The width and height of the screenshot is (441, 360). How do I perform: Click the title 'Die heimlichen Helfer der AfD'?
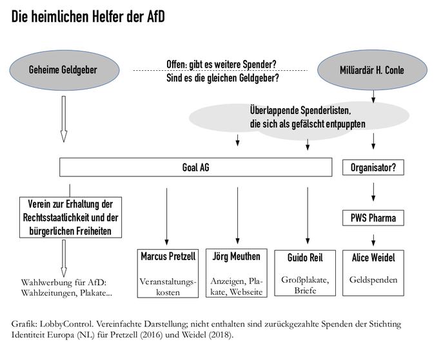tap(88, 17)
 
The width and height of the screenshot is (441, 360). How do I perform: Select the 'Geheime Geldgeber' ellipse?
tap(64, 70)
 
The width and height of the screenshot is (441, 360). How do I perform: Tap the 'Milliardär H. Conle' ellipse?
tap(372, 70)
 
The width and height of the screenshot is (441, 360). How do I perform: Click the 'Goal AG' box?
tap(196, 167)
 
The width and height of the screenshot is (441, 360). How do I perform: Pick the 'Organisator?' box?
tap(373, 167)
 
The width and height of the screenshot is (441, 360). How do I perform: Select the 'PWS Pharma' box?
tap(373, 218)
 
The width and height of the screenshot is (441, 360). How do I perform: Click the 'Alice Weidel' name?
tap(373, 258)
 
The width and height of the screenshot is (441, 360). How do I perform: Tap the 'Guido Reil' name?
tap(305, 258)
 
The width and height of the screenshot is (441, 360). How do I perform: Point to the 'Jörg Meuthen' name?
tap(236, 256)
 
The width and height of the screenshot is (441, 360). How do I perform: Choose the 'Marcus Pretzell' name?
tap(168, 256)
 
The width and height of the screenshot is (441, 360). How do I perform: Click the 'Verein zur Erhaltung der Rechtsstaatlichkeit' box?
tap(70, 217)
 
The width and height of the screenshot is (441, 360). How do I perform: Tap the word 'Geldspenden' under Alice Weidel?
tap(373, 280)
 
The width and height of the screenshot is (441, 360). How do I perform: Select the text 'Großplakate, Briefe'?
tap(305, 285)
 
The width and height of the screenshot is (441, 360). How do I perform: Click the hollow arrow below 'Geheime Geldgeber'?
tap(64, 119)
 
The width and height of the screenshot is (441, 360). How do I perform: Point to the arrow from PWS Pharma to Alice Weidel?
tap(373, 240)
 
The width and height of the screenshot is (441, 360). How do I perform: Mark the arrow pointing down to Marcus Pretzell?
tap(167, 216)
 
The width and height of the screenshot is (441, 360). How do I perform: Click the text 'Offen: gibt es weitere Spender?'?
tap(221, 64)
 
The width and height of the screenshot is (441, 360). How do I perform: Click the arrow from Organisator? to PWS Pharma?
tap(373, 192)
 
